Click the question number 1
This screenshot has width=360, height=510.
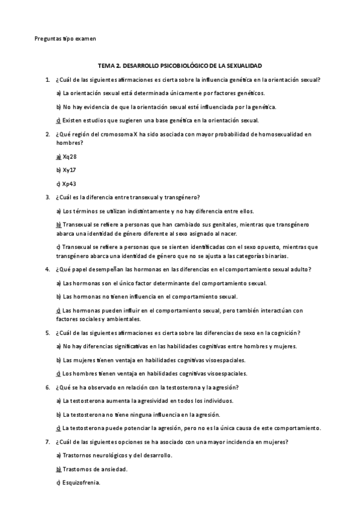(47, 79)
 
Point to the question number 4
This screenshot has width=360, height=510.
(47, 269)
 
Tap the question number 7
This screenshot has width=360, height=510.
(47, 442)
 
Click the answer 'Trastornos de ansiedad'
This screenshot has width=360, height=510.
(96, 469)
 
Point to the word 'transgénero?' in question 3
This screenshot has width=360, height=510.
(182, 197)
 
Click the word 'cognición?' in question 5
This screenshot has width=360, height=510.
(285, 333)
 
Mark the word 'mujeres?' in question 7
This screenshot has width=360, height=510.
(276, 442)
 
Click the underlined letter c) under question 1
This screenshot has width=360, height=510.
(58, 120)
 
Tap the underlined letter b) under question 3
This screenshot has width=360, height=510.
(58, 224)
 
